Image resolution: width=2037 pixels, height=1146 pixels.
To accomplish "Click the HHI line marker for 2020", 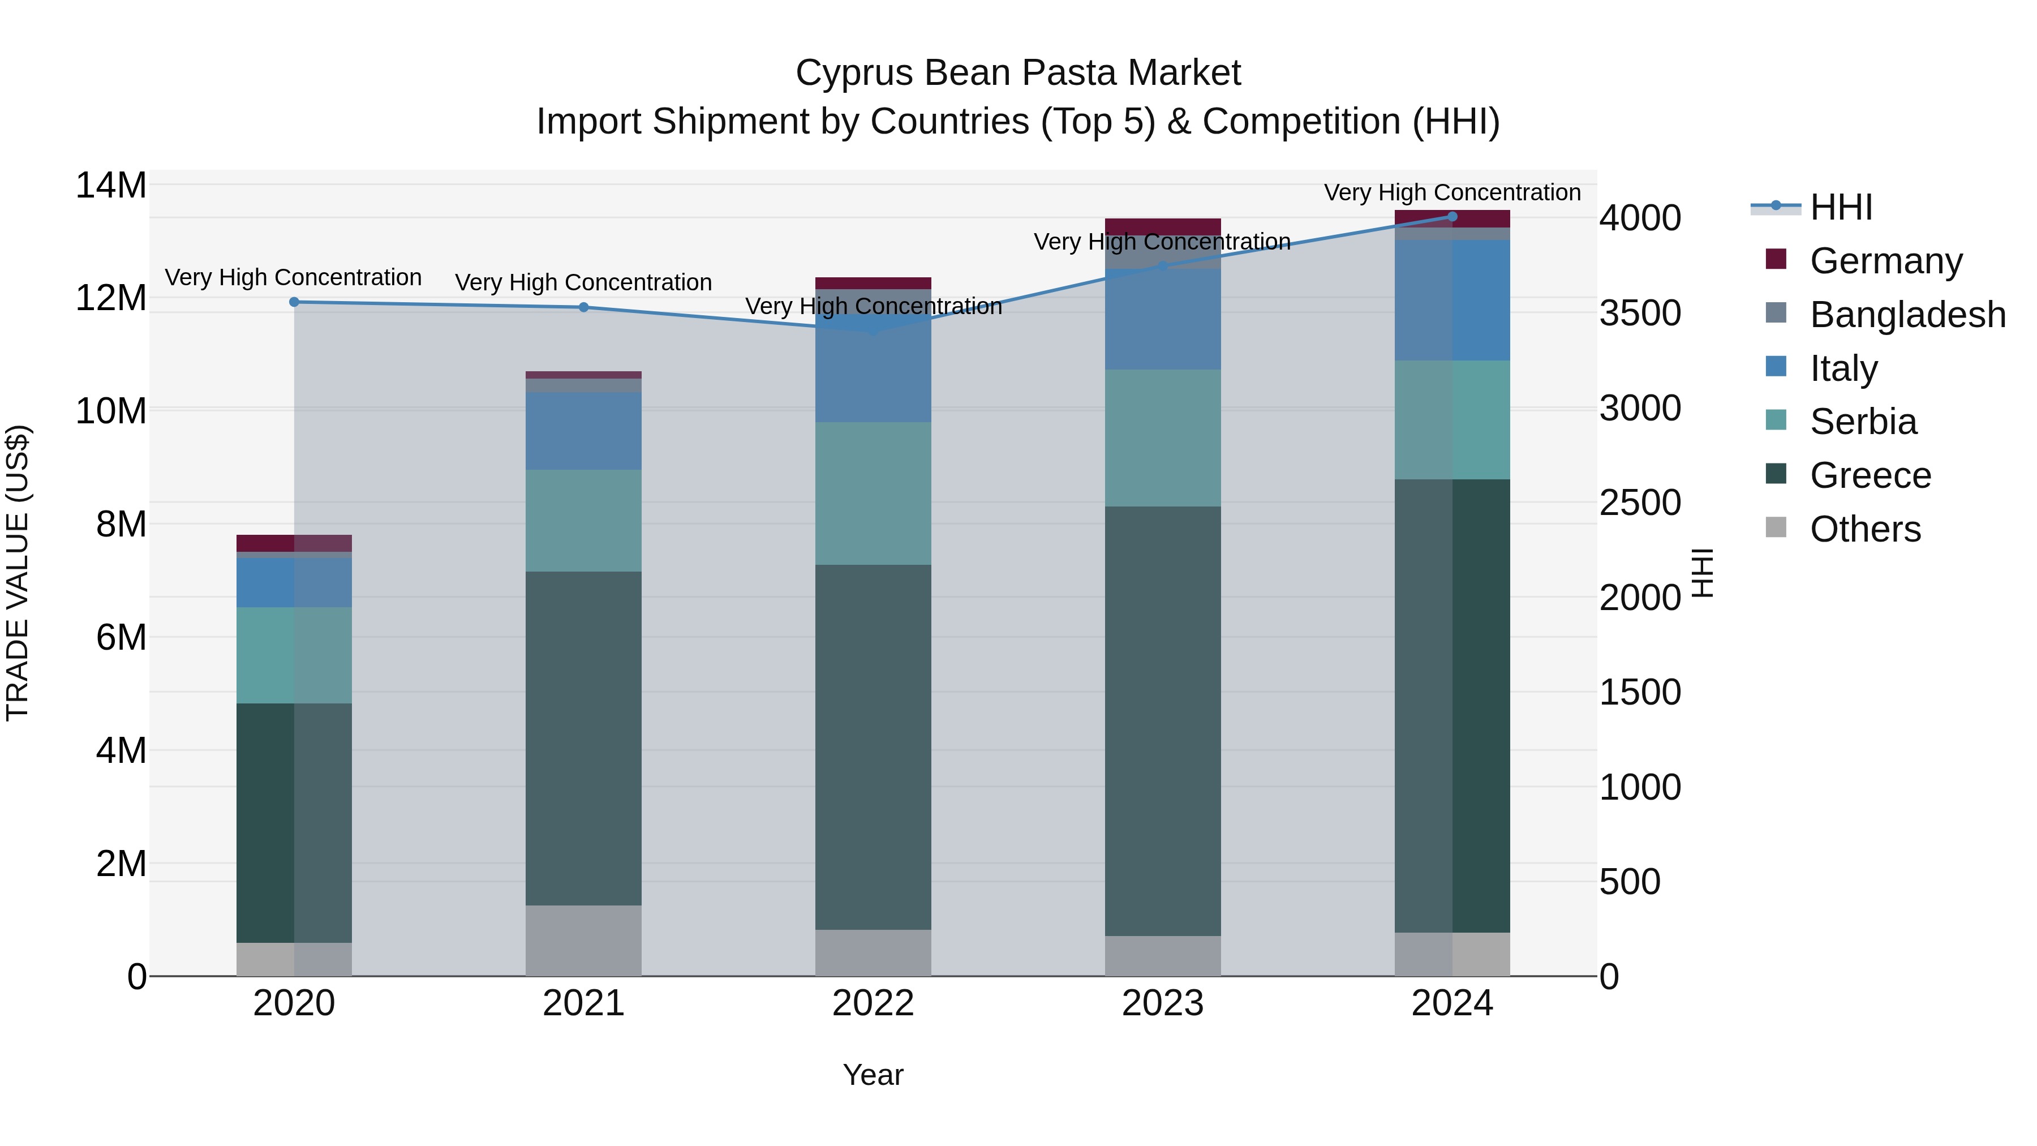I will (294, 302).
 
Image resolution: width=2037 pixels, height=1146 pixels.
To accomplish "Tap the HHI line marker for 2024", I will (1452, 216).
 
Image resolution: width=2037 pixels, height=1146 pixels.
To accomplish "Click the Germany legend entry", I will (1886, 261).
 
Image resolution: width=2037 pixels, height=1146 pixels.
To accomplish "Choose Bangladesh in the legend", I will (1907, 315).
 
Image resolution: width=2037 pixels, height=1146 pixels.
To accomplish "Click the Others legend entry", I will (1864, 529).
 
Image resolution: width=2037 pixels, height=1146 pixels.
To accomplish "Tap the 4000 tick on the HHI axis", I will (1640, 218).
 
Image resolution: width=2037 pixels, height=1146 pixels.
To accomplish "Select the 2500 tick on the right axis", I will (1640, 503).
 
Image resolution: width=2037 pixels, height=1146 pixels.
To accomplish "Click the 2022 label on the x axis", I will (873, 1003).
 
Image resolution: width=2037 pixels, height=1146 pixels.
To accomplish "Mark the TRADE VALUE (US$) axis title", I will (18, 573).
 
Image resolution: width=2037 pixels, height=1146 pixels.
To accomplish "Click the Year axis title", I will (873, 1075).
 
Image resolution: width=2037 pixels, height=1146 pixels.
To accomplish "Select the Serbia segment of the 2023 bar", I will (1162, 437).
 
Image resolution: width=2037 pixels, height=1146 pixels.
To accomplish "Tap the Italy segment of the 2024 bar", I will (1452, 300).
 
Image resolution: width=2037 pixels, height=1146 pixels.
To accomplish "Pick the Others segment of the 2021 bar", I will (583, 941).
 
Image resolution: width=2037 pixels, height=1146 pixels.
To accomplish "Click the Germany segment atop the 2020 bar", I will (294, 543).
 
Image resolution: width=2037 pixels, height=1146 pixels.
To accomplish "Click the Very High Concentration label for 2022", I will (873, 306).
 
